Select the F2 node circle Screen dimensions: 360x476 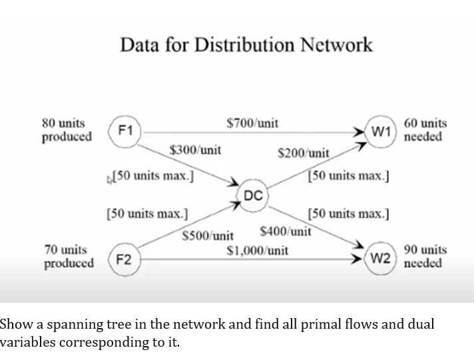click(x=123, y=259)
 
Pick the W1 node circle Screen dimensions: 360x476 click(x=381, y=130)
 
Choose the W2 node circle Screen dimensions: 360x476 click(x=380, y=257)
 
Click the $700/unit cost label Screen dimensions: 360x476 click(x=252, y=123)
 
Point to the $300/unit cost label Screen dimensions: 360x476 click(x=195, y=150)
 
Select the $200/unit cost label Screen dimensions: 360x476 click(x=303, y=153)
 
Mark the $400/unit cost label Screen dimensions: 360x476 click(x=286, y=232)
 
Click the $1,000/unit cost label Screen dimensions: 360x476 click(x=258, y=251)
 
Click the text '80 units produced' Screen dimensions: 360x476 click(x=66, y=130)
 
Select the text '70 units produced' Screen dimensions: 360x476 click(x=68, y=257)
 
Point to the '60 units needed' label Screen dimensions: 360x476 click(x=425, y=130)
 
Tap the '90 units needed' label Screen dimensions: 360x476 click(x=425, y=257)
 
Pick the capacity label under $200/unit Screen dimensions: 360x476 click(x=349, y=176)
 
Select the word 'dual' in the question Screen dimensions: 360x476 click(x=421, y=325)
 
